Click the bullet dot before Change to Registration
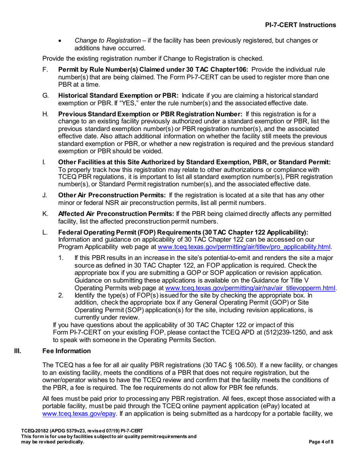(59, 41)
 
